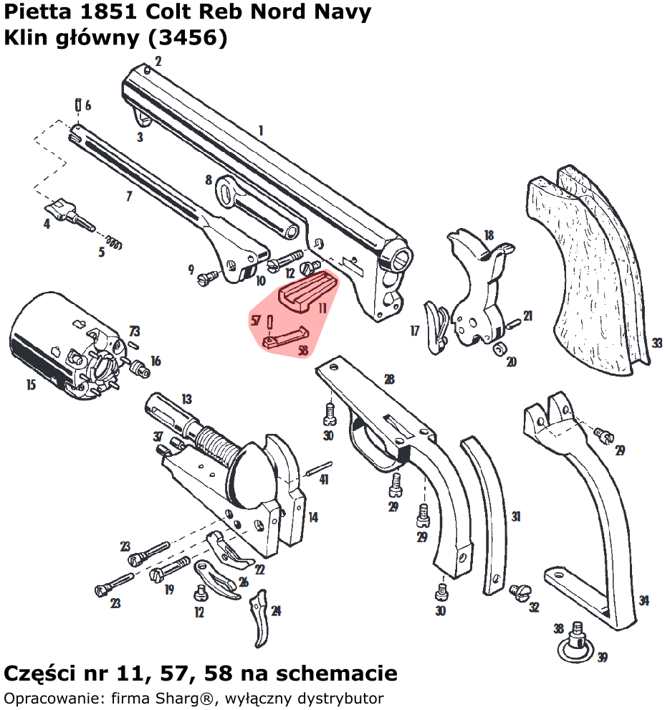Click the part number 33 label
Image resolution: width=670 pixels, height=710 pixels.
click(656, 344)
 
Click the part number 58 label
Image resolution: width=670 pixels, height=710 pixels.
click(302, 351)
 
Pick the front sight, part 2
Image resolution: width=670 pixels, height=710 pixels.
click(147, 69)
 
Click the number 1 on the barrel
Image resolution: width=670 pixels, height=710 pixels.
click(261, 131)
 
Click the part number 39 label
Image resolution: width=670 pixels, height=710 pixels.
click(602, 657)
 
